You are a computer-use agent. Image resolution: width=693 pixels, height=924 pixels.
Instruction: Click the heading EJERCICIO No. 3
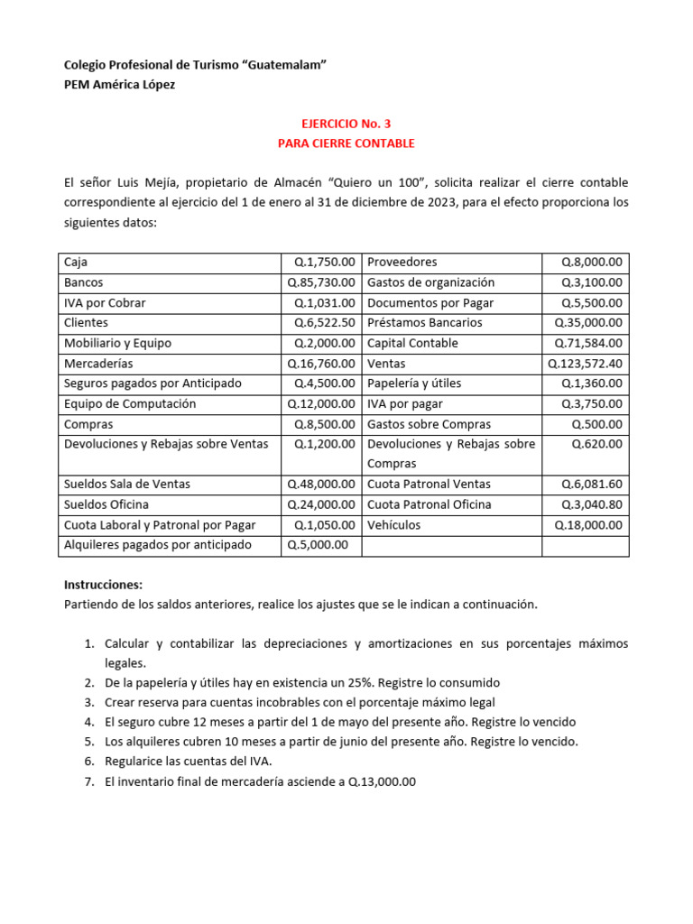(x=346, y=124)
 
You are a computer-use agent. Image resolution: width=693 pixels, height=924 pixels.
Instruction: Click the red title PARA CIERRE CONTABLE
(x=346, y=143)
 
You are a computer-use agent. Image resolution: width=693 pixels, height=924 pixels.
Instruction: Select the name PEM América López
(x=120, y=85)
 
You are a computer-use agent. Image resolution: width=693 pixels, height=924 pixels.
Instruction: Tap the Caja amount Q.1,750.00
(x=325, y=263)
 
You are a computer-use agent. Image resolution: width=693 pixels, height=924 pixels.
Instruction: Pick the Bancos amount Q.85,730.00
(x=321, y=282)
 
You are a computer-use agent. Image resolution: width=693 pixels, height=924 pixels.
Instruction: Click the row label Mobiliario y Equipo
(x=117, y=344)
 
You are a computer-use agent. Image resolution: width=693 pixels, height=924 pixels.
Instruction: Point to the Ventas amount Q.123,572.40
(x=585, y=364)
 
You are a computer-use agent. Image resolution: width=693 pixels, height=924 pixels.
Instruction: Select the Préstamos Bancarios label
(x=424, y=323)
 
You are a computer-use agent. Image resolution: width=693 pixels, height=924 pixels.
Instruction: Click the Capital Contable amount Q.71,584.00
(x=588, y=344)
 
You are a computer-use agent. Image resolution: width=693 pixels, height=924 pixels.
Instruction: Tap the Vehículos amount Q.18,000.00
(x=588, y=525)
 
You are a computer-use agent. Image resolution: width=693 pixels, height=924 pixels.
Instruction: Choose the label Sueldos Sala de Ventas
(x=127, y=485)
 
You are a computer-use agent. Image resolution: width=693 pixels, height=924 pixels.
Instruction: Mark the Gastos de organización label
(x=430, y=282)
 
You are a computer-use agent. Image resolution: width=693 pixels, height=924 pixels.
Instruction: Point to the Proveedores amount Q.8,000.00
(x=592, y=263)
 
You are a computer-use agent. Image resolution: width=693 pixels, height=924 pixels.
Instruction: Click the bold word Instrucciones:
(x=104, y=585)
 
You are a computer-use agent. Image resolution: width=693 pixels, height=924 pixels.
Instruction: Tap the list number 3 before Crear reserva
(x=89, y=703)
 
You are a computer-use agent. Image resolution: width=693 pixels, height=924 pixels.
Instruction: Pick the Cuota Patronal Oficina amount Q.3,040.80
(x=592, y=504)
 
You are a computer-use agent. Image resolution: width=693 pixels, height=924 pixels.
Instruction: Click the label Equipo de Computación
(x=130, y=404)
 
